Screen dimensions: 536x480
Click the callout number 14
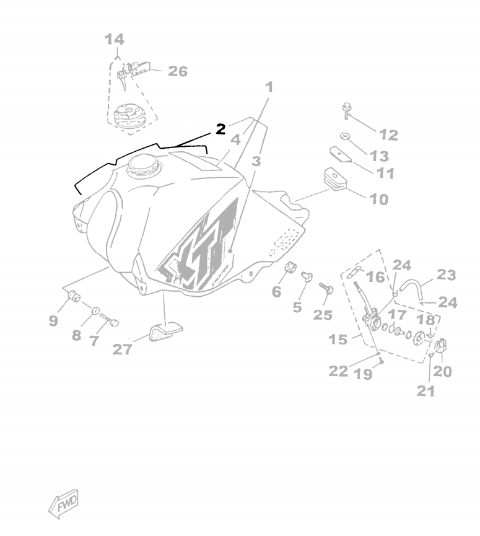pyautogui.click(x=114, y=40)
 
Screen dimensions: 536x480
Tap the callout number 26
pyautogui.click(x=178, y=71)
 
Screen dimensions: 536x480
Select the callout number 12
pyautogui.click(x=388, y=134)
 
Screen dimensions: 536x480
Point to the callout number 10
pyautogui.click(x=379, y=199)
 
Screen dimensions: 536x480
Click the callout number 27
pyautogui.click(x=122, y=349)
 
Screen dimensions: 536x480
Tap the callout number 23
pyautogui.click(x=446, y=275)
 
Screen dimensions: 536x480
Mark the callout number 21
pyautogui.click(x=425, y=390)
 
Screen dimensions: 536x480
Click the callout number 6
pyautogui.click(x=276, y=291)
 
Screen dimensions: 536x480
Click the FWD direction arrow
pyautogui.click(x=64, y=504)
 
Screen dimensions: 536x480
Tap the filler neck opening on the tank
pyautogui.click(x=144, y=165)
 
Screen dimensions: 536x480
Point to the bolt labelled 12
pyautogui.click(x=347, y=112)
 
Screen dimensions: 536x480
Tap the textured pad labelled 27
pyautogui.click(x=163, y=332)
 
